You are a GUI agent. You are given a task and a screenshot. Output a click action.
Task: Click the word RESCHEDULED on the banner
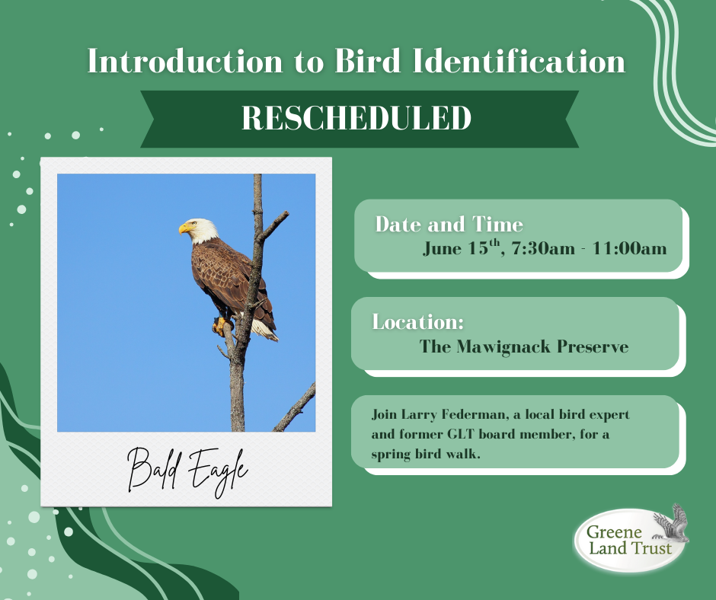pyautogui.click(x=356, y=118)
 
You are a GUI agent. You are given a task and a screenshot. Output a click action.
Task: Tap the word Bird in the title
pyautogui.click(x=368, y=60)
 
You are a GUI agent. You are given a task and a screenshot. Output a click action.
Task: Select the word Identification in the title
pyautogui.click(x=519, y=60)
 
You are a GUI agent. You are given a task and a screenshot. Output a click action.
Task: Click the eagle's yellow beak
pyautogui.click(x=185, y=228)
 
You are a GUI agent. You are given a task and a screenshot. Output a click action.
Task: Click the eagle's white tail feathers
pyautogui.click(x=265, y=329)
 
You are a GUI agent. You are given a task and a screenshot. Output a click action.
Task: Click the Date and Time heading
pyautogui.click(x=449, y=224)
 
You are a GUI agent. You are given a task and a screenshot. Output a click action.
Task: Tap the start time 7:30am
pyautogui.click(x=543, y=248)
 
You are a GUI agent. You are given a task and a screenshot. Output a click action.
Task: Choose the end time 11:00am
pyautogui.click(x=629, y=248)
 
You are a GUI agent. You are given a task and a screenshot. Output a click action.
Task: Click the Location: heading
pyautogui.click(x=418, y=322)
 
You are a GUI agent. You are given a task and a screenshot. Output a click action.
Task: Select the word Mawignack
pyautogui.click(x=503, y=346)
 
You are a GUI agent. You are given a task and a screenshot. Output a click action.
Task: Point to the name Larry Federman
pyautogui.click(x=454, y=415)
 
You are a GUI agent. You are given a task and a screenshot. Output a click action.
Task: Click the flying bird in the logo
pyautogui.click(x=671, y=524)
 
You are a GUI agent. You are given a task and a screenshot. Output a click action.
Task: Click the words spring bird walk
pyautogui.click(x=426, y=455)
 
